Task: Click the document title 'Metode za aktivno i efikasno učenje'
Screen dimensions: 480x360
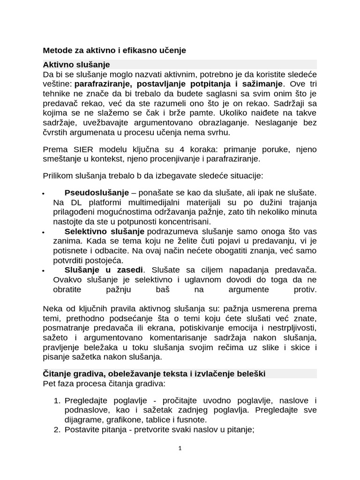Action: point(114,50)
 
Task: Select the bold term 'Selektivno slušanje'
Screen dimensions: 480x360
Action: point(105,232)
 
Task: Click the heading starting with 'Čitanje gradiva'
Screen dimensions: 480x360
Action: point(154,374)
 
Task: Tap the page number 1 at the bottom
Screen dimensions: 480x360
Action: point(180,448)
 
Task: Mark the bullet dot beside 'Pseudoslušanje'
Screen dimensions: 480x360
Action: point(43,194)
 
